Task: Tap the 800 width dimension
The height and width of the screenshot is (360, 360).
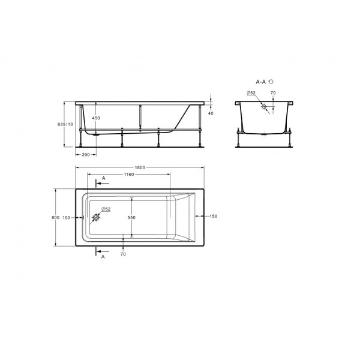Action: point(55,217)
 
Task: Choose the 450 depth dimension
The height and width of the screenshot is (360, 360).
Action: point(96,118)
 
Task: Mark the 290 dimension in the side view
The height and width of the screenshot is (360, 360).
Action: point(85,155)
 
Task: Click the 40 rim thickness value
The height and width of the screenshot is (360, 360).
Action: point(211,112)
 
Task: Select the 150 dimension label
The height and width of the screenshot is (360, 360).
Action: point(214,217)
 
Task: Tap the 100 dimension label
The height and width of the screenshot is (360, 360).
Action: point(66,217)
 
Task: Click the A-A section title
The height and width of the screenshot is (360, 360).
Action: point(261,80)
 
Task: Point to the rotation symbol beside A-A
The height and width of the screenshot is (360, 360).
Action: point(272,80)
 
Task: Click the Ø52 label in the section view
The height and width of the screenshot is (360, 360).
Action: point(251,93)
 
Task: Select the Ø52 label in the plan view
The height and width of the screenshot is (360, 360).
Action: point(105,209)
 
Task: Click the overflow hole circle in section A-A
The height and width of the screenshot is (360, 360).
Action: point(262,107)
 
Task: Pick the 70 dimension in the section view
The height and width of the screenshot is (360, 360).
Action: point(273,93)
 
